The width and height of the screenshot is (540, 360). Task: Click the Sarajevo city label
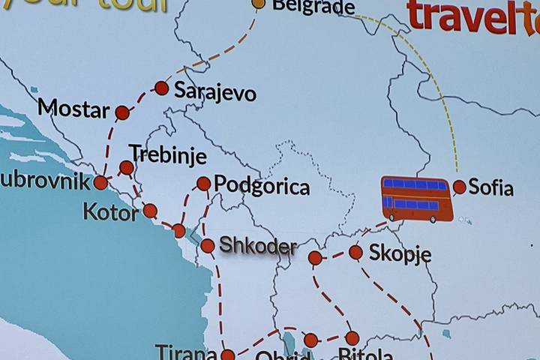point(215,92)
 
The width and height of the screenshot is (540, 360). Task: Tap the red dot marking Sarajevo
point(161,88)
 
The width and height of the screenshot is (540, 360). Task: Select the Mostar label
point(73,109)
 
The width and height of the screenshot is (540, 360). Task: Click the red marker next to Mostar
point(122,112)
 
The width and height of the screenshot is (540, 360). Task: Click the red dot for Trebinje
point(127,167)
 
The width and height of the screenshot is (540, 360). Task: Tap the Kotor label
point(111,212)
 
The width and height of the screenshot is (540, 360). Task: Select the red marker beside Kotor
point(150,211)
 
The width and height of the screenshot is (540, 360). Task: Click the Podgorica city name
point(262,186)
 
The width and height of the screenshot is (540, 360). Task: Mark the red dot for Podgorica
point(203,183)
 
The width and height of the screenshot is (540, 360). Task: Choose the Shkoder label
point(257,245)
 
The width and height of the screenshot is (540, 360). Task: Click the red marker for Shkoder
point(208,246)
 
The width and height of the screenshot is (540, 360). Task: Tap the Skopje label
point(400,253)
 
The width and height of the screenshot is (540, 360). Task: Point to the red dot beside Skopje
point(355,252)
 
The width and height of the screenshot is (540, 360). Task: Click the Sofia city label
point(490,187)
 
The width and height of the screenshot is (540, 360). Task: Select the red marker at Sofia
point(459,187)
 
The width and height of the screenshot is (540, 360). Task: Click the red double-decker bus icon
point(417,199)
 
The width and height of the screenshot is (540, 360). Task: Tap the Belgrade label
point(313,7)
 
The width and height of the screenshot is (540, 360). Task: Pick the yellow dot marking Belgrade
point(258,3)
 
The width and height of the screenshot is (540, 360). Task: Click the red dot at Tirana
point(227,355)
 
